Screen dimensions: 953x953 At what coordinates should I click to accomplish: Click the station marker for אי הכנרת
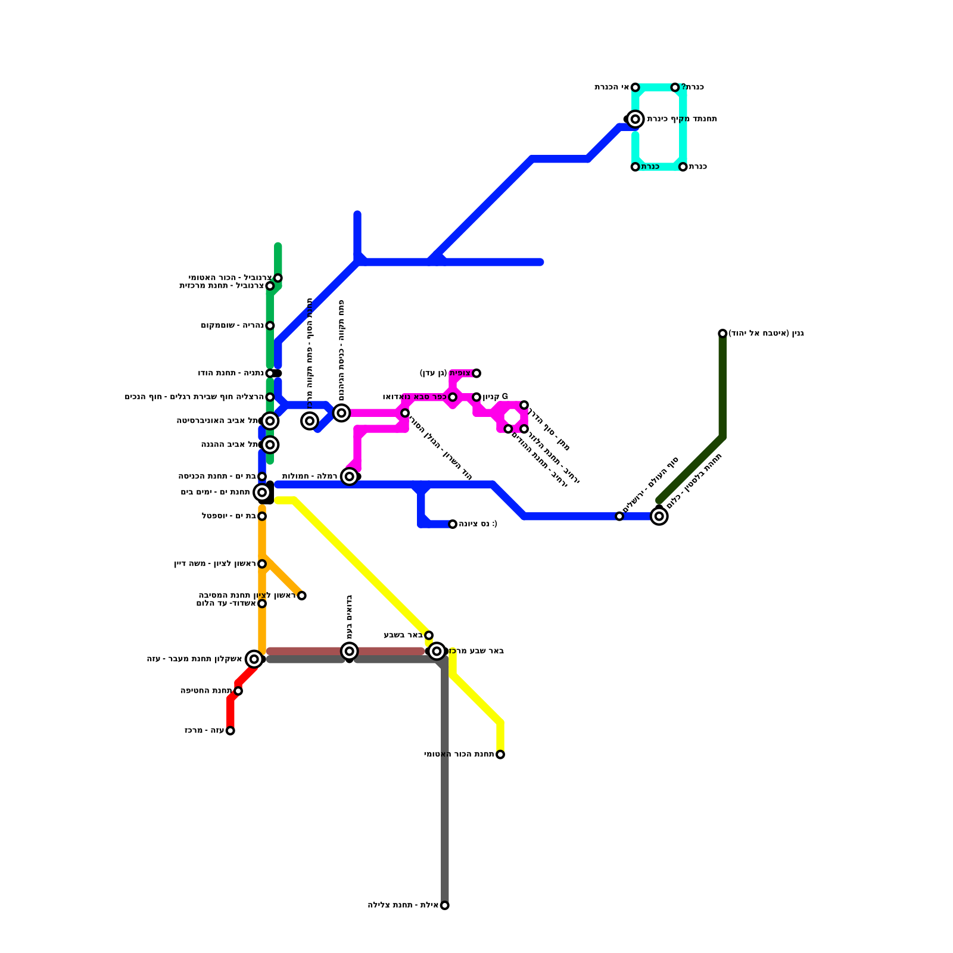(x=635, y=88)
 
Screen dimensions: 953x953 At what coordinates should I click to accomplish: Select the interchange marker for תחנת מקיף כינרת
(x=636, y=119)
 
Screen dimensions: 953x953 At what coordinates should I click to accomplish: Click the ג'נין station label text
(x=766, y=334)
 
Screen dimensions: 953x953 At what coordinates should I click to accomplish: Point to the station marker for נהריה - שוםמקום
(x=270, y=326)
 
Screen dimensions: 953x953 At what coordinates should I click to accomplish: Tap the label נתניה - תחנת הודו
(x=231, y=373)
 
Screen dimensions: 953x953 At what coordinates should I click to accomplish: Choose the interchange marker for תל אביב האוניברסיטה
(x=270, y=421)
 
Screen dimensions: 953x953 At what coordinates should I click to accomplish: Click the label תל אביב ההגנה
(x=230, y=445)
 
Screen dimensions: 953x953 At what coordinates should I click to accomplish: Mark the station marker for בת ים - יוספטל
(x=262, y=516)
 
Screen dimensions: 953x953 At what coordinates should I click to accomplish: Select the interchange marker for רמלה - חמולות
(x=350, y=476)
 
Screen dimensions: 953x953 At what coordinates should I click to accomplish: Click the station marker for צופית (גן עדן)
(x=476, y=373)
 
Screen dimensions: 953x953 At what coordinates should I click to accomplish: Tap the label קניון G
(x=496, y=397)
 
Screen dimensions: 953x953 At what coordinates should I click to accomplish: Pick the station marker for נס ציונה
(x=453, y=524)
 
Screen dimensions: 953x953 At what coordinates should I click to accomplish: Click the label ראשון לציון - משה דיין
(x=214, y=564)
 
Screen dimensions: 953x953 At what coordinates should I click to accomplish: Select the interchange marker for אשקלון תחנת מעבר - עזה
(x=254, y=659)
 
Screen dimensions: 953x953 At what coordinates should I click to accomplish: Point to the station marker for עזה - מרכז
(x=231, y=731)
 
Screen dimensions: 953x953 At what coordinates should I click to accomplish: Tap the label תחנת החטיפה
(x=206, y=691)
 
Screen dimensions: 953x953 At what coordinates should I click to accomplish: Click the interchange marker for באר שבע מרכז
(x=437, y=651)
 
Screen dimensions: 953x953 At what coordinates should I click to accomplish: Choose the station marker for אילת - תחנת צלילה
(x=445, y=905)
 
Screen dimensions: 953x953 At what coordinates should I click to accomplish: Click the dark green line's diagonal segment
(x=691, y=469)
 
